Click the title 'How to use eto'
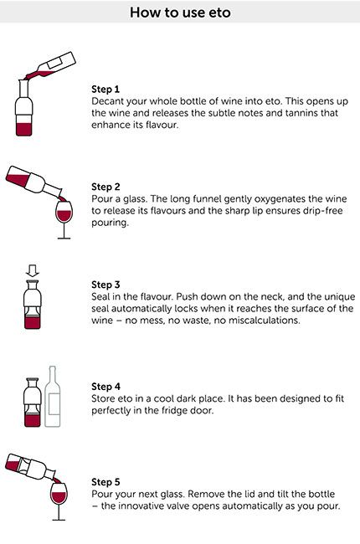pos(180,13)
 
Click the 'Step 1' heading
pos(105,88)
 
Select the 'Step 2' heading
pos(105,187)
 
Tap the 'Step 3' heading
pos(105,286)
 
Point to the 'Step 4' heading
pos(105,386)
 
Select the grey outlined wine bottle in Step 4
pos(53,397)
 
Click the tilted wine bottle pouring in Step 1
pos(54,66)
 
